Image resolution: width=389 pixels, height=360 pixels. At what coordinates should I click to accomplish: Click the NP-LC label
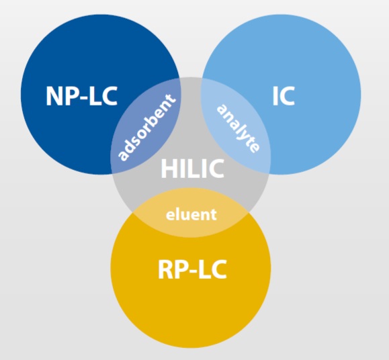click(81, 96)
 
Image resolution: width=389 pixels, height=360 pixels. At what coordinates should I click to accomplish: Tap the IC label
click(284, 96)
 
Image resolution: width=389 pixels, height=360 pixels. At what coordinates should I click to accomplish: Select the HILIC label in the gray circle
click(193, 168)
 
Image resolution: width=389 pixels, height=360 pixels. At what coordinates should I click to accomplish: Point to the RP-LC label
click(192, 269)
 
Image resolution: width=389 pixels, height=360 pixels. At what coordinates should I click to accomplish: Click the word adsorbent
click(146, 127)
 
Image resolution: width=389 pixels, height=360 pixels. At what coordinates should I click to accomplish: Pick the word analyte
click(239, 128)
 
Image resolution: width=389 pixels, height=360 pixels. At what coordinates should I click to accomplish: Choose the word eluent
click(191, 214)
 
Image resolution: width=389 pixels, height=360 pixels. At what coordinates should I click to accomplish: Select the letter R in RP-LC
click(165, 269)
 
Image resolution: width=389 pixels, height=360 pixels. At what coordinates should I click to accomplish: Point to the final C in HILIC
click(216, 168)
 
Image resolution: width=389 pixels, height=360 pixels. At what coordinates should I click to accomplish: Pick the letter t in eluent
click(214, 215)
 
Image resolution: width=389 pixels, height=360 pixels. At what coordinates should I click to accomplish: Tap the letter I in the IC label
click(275, 96)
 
